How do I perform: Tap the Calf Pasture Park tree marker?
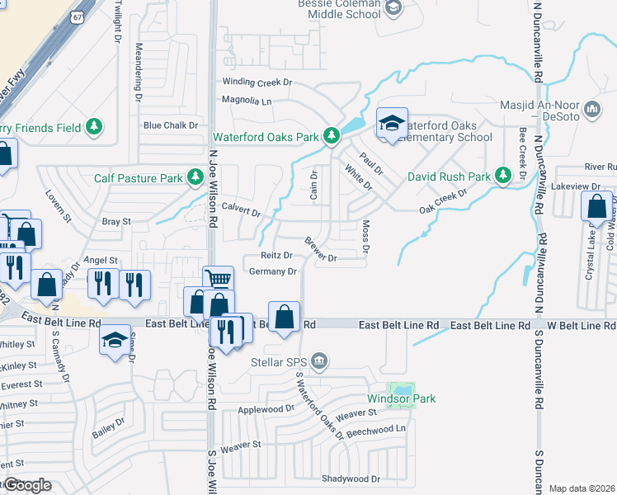coord(195,177)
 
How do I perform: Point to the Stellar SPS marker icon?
coord(321,361)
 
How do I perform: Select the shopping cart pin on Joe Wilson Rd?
coord(218,279)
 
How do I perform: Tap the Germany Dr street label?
coord(272,271)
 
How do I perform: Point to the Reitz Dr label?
coord(276,256)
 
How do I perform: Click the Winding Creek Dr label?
coord(258,82)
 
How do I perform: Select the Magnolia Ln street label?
coord(247,101)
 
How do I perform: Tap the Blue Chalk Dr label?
coord(171,125)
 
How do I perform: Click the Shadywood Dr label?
coord(351,478)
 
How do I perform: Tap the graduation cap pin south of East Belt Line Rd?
coord(115,340)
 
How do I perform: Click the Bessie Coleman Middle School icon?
coord(393,8)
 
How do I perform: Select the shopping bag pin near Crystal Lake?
coord(596,205)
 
